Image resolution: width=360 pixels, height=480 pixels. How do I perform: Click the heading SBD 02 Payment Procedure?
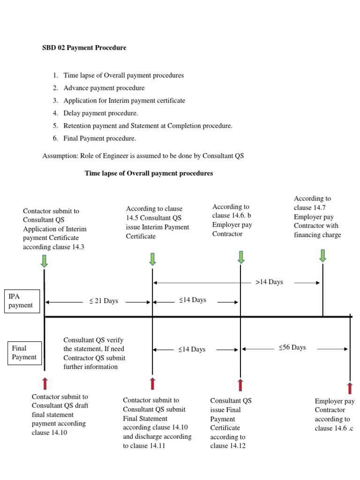[x=84, y=48]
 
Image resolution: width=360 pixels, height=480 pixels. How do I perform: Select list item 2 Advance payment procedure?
[x=104, y=88]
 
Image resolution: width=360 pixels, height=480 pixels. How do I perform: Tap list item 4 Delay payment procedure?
[x=101, y=113]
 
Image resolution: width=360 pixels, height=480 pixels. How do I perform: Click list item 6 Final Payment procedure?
[x=100, y=138]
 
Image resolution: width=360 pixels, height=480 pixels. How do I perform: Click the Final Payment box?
[x=23, y=352]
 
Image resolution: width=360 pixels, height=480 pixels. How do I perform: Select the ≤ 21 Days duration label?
[x=104, y=301]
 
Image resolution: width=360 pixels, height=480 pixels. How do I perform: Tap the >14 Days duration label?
[x=269, y=282]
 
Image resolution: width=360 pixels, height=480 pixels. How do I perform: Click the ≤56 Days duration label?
[x=292, y=347]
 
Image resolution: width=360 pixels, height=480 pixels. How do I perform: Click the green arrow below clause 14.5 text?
[x=152, y=258]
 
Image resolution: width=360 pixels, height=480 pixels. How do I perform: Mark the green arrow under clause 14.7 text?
[x=322, y=255]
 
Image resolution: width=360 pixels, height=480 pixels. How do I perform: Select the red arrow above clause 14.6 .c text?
[x=350, y=388]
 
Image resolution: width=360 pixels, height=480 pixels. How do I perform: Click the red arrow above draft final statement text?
[x=45, y=383]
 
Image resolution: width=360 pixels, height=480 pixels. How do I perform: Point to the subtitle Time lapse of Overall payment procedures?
[x=149, y=173]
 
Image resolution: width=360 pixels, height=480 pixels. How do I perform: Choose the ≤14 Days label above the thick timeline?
[x=192, y=300]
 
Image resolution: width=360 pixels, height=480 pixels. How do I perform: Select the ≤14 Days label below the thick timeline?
[x=192, y=349]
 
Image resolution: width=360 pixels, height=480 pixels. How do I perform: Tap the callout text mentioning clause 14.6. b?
[x=232, y=220]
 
